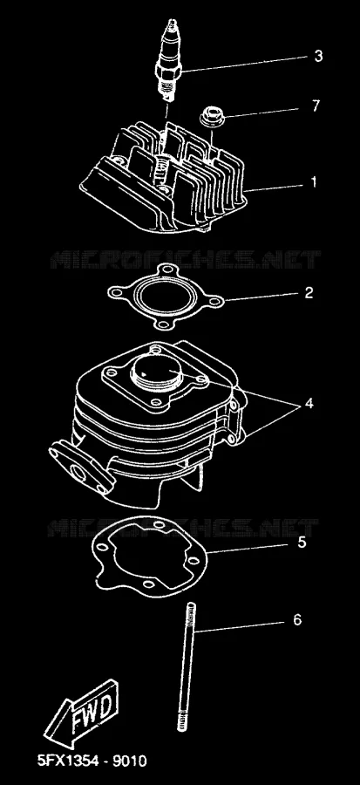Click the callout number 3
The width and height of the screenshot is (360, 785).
tap(318, 56)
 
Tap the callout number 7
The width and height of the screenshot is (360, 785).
tap(315, 106)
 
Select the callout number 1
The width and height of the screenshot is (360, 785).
tap(314, 182)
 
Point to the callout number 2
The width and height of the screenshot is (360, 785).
tap(309, 292)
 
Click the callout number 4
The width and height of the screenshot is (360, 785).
tap(309, 403)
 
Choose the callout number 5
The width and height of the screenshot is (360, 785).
tap(302, 543)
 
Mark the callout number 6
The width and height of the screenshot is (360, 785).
tap(297, 620)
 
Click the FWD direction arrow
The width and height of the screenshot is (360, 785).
tap(82, 713)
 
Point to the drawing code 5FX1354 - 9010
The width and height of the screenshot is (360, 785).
tap(92, 761)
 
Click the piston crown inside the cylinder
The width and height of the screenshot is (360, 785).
tap(159, 373)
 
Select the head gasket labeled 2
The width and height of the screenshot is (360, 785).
tap(166, 297)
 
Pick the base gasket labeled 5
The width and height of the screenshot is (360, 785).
tap(150, 557)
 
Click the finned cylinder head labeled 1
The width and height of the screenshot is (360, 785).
tap(164, 178)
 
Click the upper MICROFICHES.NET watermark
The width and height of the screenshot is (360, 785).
tap(185, 260)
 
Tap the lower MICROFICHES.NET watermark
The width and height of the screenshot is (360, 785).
tap(183, 528)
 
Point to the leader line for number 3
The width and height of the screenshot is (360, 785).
tap(244, 64)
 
